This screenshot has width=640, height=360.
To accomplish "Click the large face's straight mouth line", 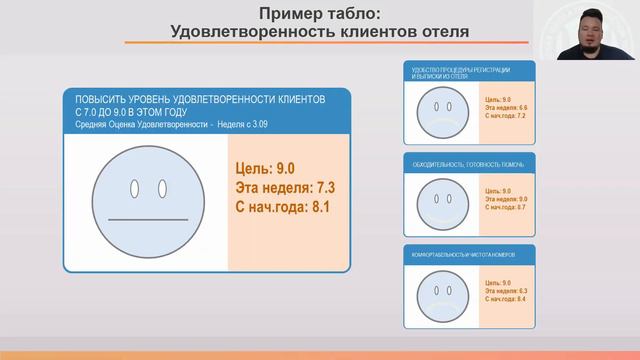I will [x=147, y=219].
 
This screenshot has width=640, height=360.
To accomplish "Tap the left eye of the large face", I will [x=134, y=189].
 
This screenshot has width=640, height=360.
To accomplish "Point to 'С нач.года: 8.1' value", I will [x=282, y=207].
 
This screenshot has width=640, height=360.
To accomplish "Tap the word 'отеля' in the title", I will [x=441, y=31].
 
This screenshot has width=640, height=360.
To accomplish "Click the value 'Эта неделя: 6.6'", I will [x=505, y=108].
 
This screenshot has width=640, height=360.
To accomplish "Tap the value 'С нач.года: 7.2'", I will [x=505, y=116].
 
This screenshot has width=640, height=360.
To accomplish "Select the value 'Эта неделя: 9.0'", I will [x=505, y=199].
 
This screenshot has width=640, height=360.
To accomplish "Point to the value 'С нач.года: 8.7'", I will [x=505, y=207].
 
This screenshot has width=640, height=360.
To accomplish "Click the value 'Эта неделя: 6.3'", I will [x=505, y=291].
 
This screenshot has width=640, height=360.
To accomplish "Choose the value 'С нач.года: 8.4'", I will [x=505, y=299].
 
